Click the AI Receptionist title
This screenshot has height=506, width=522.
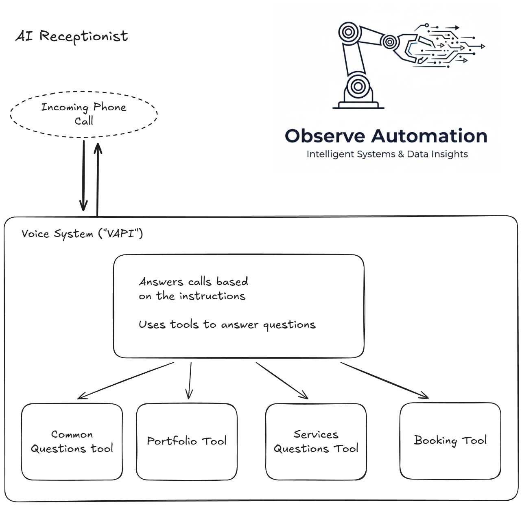[x=72, y=36]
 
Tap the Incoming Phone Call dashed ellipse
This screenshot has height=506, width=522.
[x=83, y=114]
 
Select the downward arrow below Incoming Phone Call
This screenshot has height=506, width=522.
[x=83, y=175]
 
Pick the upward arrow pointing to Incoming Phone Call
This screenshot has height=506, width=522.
[x=98, y=179]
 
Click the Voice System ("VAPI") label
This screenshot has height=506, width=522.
[x=82, y=234]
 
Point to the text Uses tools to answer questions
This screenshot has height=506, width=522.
[x=227, y=324]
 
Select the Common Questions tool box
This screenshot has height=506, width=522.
[x=72, y=442]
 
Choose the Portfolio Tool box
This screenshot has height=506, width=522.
[x=187, y=442]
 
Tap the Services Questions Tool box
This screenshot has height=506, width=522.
[x=316, y=442]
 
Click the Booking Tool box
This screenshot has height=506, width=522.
[x=450, y=441]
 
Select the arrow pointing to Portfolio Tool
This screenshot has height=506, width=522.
[x=190, y=381]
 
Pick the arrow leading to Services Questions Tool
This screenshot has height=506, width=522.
[x=282, y=381]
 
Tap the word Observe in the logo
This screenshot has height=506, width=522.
[x=325, y=136]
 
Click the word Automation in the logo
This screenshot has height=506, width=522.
[x=429, y=136]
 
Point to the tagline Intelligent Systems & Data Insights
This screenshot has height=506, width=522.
[x=387, y=154]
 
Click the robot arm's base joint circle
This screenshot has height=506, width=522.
[x=358, y=86]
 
